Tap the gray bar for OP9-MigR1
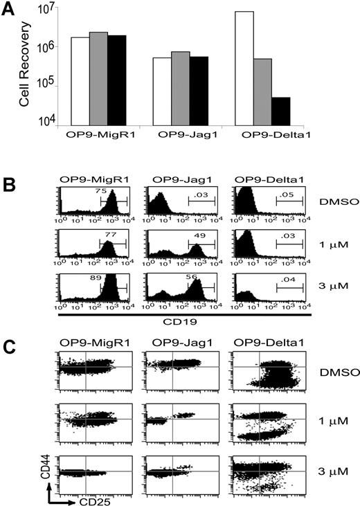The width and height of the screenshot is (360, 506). (x=98, y=78)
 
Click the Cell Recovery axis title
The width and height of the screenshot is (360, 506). (x=26, y=69)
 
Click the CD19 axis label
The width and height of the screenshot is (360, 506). (x=183, y=320)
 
